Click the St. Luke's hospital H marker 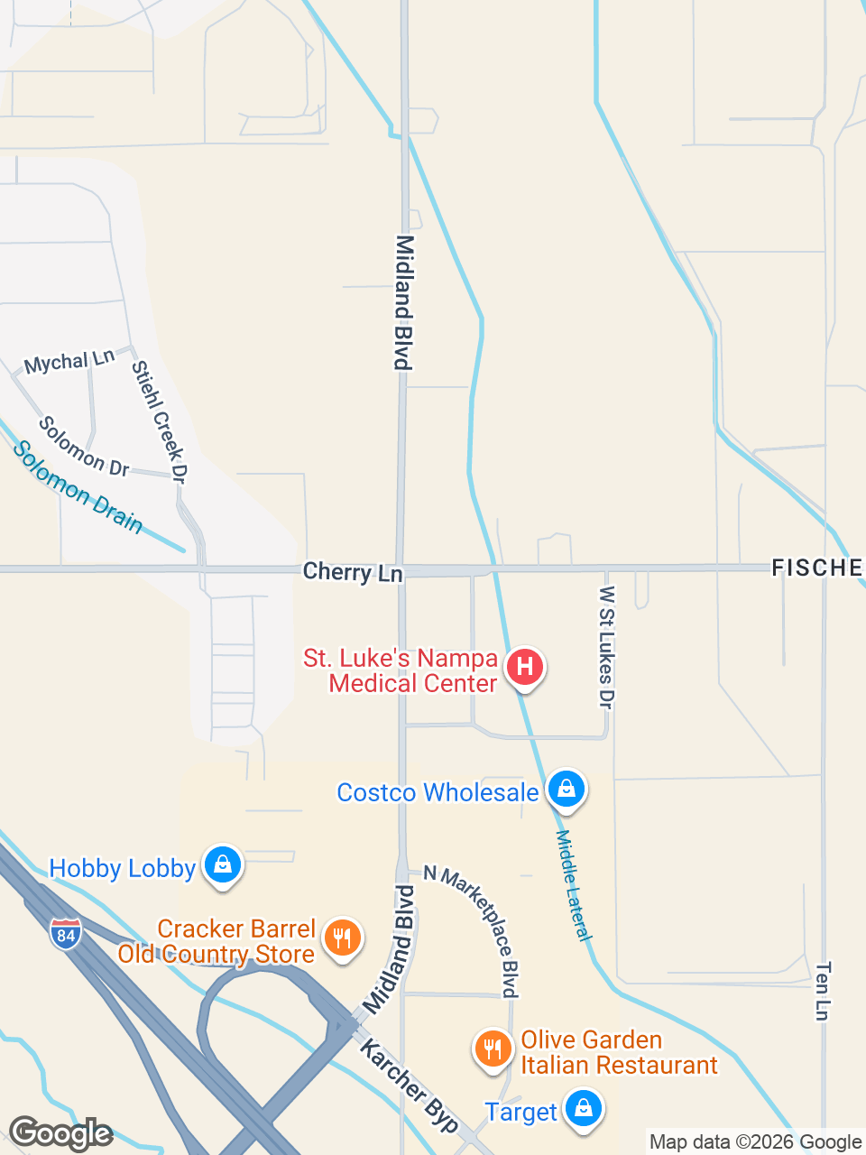tap(524, 668)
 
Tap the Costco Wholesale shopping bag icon tap(566, 790)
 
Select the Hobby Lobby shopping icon tap(223, 865)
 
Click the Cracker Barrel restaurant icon tap(341, 938)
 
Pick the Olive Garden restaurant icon tap(493, 1049)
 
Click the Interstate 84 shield tap(66, 935)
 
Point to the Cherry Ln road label tap(353, 572)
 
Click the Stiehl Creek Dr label tap(159, 421)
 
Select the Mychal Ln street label tap(69, 362)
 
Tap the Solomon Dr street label tap(84, 446)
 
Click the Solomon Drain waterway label tap(78, 487)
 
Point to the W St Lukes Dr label tap(606, 647)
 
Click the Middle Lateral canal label tap(574, 885)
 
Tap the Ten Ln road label tap(822, 991)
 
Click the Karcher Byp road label tap(410, 1085)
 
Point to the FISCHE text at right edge tap(816, 568)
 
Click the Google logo tap(60, 1133)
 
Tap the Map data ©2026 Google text tap(755, 1142)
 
